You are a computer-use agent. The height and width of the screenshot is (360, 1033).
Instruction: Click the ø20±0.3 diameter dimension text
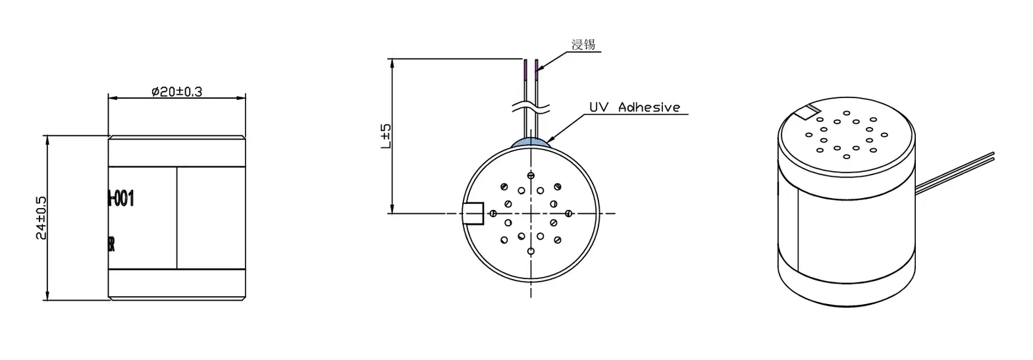(x=176, y=91)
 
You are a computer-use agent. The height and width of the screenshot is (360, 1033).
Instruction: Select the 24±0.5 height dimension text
(x=41, y=218)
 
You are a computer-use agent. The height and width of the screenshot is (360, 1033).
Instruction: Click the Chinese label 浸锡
(x=583, y=45)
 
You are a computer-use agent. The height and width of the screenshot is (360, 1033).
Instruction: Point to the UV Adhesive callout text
(x=634, y=107)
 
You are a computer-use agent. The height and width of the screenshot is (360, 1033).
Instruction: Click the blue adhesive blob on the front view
(x=531, y=141)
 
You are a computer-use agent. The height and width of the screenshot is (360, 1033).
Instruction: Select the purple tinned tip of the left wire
(x=525, y=66)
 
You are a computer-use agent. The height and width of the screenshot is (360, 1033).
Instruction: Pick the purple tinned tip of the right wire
(x=537, y=66)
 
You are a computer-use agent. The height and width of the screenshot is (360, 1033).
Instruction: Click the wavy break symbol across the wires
(x=531, y=106)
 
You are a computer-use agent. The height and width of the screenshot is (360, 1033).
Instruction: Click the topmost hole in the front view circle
(x=531, y=176)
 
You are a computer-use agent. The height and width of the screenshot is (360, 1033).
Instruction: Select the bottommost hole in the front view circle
(x=531, y=251)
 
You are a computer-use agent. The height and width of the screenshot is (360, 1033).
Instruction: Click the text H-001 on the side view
(x=122, y=197)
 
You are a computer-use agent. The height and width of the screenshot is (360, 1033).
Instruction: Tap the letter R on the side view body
(x=112, y=245)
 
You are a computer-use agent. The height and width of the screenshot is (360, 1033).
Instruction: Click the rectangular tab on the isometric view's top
(x=807, y=113)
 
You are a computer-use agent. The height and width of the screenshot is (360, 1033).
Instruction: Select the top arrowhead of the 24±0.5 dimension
(x=47, y=140)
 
